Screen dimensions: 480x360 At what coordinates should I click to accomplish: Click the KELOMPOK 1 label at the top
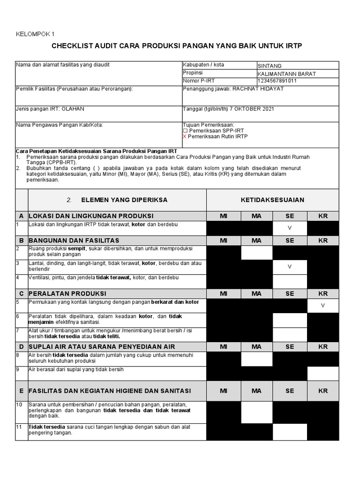(x=35, y=34)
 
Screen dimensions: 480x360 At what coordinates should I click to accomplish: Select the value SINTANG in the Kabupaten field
(x=270, y=66)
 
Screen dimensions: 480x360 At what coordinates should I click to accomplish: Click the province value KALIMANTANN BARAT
(x=287, y=74)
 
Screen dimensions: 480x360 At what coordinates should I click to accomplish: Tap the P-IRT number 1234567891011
(x=277, y=81)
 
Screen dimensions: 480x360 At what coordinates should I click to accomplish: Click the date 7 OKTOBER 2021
(x=251, y=109)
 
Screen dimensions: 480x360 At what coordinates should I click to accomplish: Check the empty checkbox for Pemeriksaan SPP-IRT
(x=185, y=131)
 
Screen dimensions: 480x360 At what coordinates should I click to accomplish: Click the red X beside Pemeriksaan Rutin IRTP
(x=185, y=136)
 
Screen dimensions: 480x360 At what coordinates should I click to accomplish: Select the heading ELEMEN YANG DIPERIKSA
(x=124, y=200)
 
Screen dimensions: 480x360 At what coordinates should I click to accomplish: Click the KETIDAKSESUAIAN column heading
(x=272, y=200)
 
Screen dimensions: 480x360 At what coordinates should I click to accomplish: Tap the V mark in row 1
(x=289, y=228)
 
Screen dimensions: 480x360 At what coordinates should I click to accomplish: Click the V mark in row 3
(x=289, y=266)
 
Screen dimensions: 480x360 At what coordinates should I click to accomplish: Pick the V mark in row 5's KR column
(x=322, y=305)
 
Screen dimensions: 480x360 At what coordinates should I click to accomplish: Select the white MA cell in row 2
(x=256, y=252)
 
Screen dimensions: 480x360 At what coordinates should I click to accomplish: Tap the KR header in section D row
(x=322, y=347)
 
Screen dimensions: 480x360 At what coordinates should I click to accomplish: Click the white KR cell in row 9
(x=322, y=373)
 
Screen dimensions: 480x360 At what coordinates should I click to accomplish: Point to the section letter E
(x=22, y=390)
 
